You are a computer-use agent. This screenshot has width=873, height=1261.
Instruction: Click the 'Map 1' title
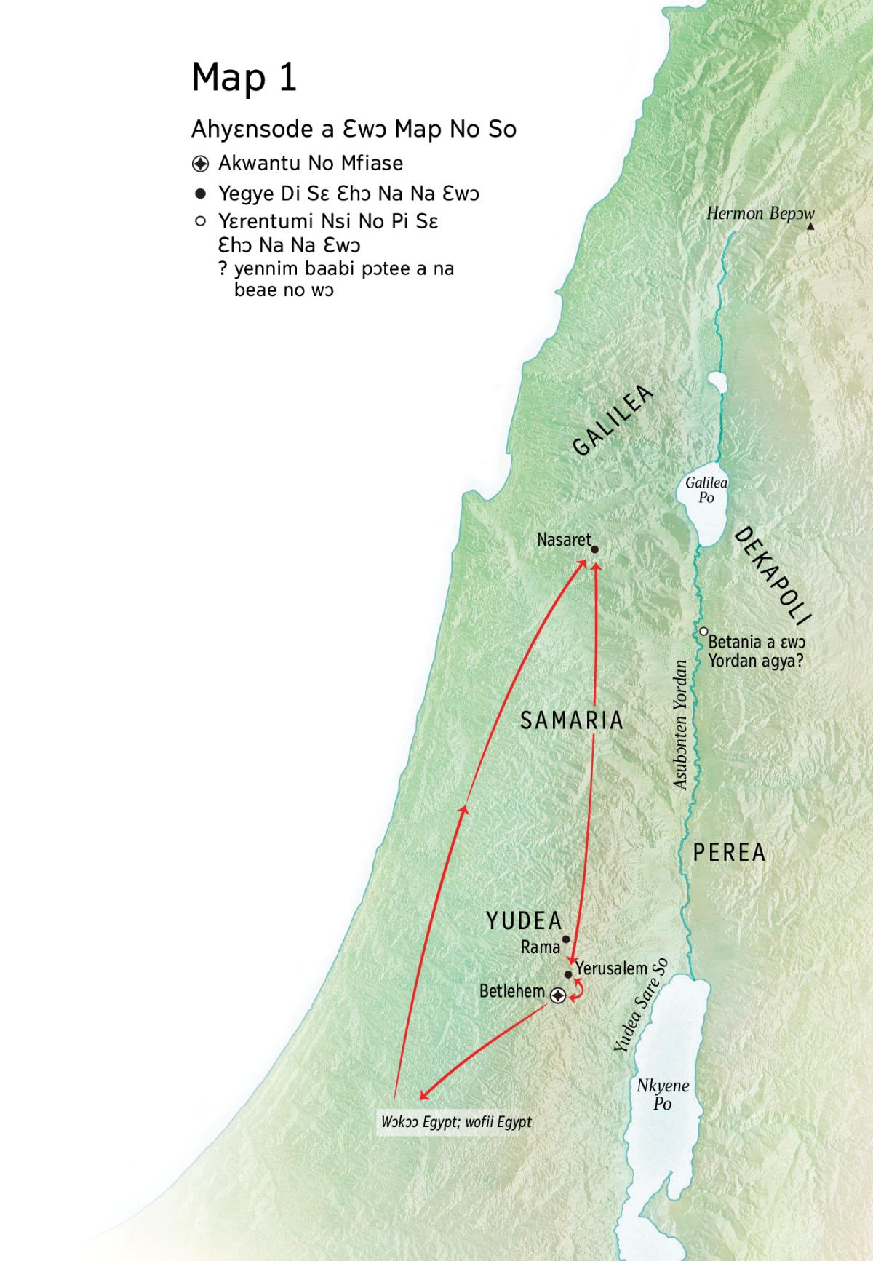[244, 76]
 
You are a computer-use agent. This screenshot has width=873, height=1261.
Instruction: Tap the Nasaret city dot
[594, 550]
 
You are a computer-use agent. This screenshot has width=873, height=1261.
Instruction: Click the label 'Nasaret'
[563, 540]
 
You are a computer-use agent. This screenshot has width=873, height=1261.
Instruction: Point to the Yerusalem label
[611, 968]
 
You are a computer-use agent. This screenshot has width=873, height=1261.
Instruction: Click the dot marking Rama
[566, 939]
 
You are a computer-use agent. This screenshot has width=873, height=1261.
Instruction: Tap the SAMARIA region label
[572, 720]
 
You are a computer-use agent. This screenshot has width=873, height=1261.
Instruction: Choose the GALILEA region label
[613, 421]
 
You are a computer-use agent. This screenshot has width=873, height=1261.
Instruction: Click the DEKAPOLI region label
[772, 576]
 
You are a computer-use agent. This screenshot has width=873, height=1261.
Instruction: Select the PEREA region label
[729, 852]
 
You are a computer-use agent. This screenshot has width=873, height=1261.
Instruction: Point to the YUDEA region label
[524, 921]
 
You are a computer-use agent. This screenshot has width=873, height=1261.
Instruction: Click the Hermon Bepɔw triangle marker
[810, 227]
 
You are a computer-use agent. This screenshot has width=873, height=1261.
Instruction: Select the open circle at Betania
[703, 632]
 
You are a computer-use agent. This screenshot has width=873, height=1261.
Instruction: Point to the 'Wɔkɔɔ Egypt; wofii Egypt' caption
[456, 1121]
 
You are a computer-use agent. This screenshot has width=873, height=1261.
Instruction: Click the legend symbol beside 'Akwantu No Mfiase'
[200, 163]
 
